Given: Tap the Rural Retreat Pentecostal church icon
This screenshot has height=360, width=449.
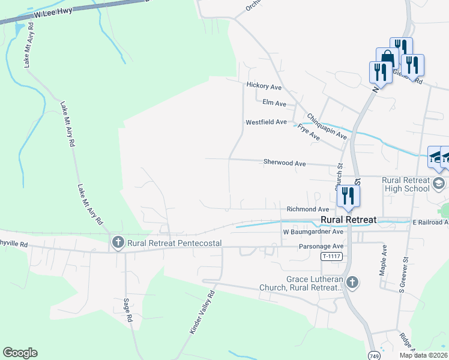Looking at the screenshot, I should click(x=117, y=243).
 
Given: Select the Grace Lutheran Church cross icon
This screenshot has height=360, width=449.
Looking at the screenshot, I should click(x=352, y=282).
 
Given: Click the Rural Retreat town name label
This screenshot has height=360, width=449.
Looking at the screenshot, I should click(x=348, y=220).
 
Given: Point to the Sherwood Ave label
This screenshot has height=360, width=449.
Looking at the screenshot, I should click(x=285, y=163).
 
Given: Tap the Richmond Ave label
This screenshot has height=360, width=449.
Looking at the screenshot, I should click(x=308, y=209).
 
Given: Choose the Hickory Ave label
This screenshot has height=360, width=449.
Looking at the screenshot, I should click(x=264, y=86).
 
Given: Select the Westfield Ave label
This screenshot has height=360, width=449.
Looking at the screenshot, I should click(x=266, y=122).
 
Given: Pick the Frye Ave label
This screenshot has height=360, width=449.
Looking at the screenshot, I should click(x=309, y=133).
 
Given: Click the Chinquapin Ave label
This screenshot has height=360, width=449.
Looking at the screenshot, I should click(x=327, y=127).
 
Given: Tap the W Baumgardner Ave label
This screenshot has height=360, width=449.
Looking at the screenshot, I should click(x=313, y=232).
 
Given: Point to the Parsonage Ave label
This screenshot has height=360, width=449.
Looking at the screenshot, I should click(x=321, y=246).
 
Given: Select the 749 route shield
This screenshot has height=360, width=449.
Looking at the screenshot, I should click(x=374, y=355).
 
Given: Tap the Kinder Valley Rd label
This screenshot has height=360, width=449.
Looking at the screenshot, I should click(x=202, y=313).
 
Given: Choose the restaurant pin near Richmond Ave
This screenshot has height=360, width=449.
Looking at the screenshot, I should click(x=348, y=195).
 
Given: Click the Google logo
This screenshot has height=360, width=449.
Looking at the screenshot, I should click(x=20, y=353).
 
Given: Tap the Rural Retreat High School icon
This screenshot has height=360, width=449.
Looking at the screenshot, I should click(x=439, y=183).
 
